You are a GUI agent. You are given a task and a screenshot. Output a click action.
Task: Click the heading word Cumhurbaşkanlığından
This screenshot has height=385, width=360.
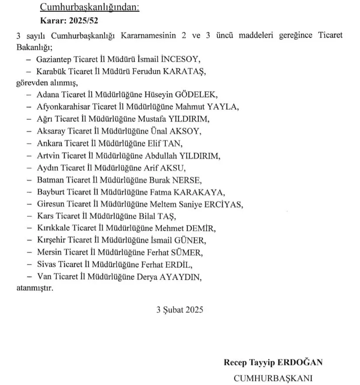point(90,7)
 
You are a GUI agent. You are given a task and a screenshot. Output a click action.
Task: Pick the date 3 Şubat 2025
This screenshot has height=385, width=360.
point(180,310)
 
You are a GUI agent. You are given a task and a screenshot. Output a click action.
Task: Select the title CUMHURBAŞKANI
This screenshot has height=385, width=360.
point(273,377)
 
